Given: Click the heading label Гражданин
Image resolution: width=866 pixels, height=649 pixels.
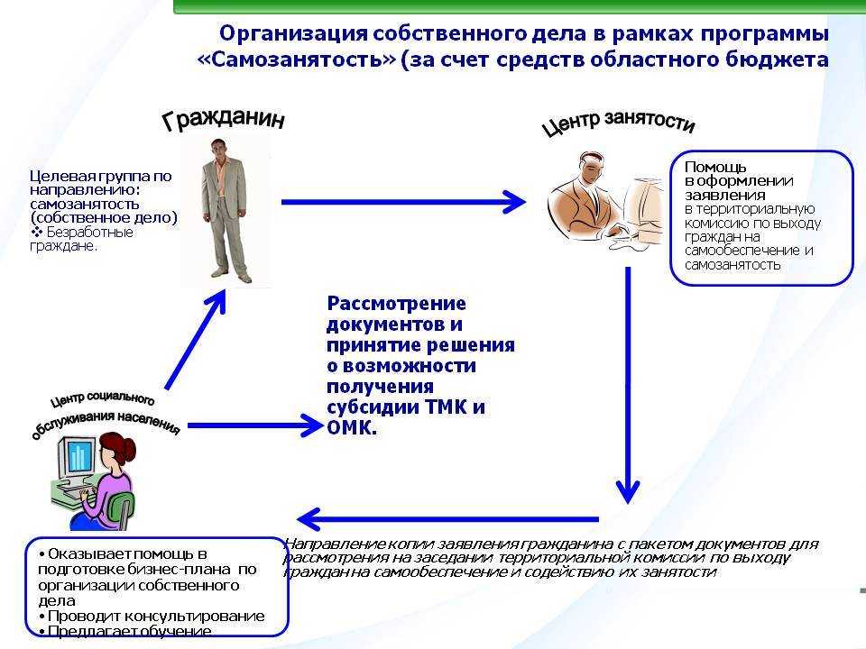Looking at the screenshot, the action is (224, 119).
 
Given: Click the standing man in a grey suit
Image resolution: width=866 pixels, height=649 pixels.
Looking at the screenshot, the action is (225, 210).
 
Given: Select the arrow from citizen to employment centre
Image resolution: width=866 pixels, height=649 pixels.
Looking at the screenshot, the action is (403, 202).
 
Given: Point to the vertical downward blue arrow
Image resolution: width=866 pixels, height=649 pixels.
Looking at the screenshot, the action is (628, 385).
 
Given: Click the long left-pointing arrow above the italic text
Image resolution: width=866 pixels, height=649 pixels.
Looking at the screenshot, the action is (448, 519).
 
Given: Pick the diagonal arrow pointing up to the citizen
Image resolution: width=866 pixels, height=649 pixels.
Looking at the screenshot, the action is (196, 340).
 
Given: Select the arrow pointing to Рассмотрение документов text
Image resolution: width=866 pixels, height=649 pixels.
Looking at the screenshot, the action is (255, 425).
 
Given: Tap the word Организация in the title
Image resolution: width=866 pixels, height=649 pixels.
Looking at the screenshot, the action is (293, 34).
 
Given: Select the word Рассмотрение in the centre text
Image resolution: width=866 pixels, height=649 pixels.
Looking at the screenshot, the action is (397, 304).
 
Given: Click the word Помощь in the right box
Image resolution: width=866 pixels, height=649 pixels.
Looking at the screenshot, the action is (715, 168).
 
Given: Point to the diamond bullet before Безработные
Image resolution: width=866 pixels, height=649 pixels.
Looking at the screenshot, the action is (36, 232).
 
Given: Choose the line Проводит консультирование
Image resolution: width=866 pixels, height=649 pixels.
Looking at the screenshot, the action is (152, 616).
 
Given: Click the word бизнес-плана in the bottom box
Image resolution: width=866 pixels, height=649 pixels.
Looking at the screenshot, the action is (180, 569).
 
